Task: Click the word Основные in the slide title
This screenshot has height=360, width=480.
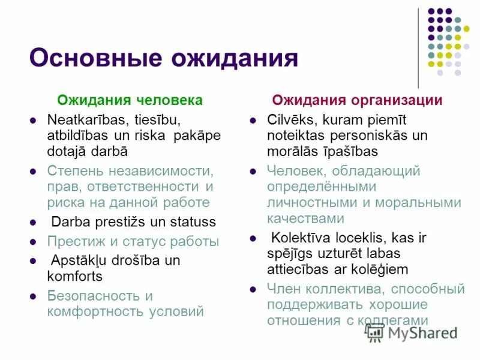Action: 95,59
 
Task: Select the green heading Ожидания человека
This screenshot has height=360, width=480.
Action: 130,100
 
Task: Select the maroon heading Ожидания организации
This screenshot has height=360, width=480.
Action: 357,100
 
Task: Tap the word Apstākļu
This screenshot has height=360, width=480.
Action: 80,261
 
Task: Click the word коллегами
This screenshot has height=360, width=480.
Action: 392,320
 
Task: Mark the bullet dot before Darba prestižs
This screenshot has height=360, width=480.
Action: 34,223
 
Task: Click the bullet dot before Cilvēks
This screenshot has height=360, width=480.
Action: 253,119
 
